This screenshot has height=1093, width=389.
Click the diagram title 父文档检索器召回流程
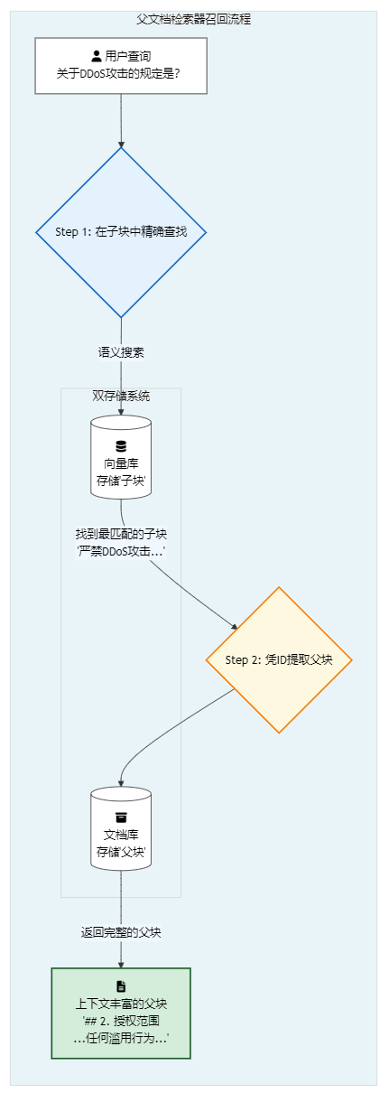[x=193, y=19]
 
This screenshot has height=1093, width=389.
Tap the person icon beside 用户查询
[x=97, y=56]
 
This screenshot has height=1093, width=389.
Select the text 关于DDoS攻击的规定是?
[x=118, y=74]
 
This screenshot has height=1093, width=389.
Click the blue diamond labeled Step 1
[x=121, y=232]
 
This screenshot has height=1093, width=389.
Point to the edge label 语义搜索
[x=121, y=352]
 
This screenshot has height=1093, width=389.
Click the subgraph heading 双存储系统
[x=121, y=396]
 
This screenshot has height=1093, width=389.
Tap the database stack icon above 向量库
[x=121, y=446]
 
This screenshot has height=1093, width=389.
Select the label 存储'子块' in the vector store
[x=121, y=481]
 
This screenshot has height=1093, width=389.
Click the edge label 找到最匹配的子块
[x=121, y=534]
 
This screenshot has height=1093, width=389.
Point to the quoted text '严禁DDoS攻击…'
[x=121, y=551]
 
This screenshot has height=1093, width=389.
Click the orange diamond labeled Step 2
[x=279, y=659]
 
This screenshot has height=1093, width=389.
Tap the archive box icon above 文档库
[x=121, y=817]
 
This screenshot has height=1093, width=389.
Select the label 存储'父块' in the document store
[x=121, y=852]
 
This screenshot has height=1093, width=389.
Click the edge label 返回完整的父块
[x=121, y=932]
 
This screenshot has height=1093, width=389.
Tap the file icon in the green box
[x=121, y=986]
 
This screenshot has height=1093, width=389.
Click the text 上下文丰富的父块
[x=121, y=1004]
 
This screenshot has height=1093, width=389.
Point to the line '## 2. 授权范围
[x=121, y=1021]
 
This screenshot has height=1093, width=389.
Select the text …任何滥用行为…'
[x=121, y=1038]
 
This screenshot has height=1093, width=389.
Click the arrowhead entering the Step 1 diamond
[x=121, y=145]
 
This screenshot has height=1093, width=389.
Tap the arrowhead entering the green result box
[x=121, y=965]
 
